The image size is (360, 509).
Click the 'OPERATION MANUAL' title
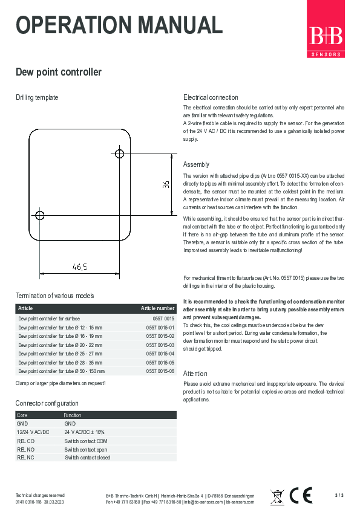pos(119,26)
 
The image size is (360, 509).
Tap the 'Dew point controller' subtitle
pos(58,73)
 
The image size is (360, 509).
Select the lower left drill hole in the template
pos(40,215)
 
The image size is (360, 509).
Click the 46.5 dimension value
pos(80,266)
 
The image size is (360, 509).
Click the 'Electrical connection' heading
pos(211,97)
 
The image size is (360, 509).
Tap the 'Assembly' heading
pos(197,164)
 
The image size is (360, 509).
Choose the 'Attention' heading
pos(195,374)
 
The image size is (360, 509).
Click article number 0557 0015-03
pos(160,345)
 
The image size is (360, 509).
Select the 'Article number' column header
pos(157,308)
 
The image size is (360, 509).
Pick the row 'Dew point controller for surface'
pos(49,318)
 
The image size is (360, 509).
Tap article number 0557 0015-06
pos(160,371)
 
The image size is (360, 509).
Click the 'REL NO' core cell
pos(26,450)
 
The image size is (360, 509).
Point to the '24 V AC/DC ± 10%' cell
pos(84,433)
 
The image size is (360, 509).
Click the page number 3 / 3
pos(339,496)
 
